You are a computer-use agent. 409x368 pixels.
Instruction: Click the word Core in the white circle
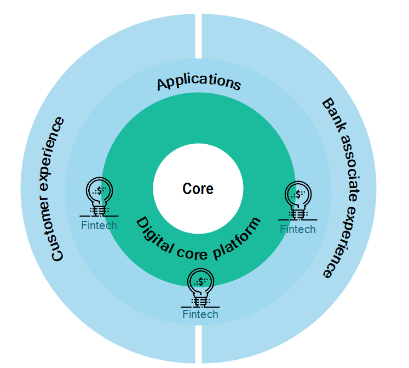click(x=198, y=189)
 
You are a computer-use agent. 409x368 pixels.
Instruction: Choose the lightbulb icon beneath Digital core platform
click(x=201, y=287)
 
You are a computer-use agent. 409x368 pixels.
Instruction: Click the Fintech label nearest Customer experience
click(x=99, y=225)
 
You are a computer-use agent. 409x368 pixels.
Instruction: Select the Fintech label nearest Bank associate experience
click(x=298, y=229)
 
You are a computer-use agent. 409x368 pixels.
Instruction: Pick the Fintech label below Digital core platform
click(x=200, y=314)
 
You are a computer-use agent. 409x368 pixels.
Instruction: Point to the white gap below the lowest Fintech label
click(x=198, y=346)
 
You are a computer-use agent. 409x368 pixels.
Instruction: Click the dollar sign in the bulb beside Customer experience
click(x=99, y=191)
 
